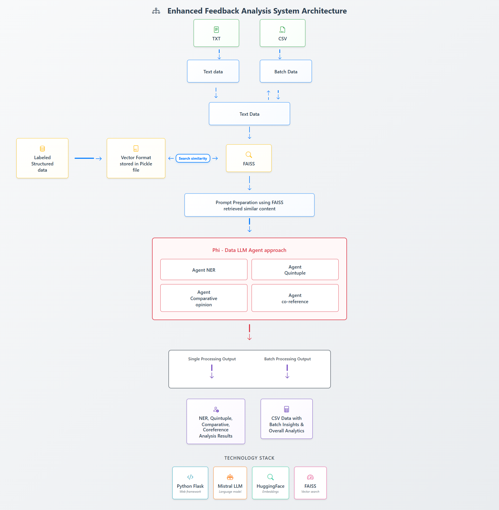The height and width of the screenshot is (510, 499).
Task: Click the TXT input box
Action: (x=216, y=33)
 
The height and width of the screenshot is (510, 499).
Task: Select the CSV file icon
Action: (x=282, y=30)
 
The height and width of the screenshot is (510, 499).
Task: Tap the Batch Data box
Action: (x=286, y=71)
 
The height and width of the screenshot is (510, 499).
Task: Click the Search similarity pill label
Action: (x=193, y=158)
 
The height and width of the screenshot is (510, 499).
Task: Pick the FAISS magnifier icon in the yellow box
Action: (x=249, y=155)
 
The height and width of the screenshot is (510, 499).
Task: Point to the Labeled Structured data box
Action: (x=42, y=158)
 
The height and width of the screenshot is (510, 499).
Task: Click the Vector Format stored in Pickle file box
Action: (x=136, y=158)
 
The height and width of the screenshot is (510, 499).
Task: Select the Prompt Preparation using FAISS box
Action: (x=249, y=205)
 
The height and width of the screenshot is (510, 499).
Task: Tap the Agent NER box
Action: (x=204, y=270)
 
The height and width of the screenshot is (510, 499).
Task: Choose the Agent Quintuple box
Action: (x=295, y=270)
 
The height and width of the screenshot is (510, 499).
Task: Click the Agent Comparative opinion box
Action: (x=204, y=298)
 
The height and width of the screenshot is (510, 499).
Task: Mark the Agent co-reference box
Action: (x=295, y=298)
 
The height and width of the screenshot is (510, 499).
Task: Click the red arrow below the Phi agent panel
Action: (x=249, y=332)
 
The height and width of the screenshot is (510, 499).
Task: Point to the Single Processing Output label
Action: (x=212, y=359)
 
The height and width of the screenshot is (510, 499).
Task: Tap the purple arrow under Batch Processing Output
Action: (x=287, y=372)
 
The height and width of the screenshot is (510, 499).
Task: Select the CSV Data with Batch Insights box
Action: (x=286, y=419)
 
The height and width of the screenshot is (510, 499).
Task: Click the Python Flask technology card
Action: (x=190, y=483)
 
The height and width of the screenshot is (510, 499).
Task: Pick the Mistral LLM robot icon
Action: (x=230, y=477)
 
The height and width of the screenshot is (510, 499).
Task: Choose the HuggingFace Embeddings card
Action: (x=270, y=483)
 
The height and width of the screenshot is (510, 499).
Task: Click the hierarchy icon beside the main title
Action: (x=156, y=11)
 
